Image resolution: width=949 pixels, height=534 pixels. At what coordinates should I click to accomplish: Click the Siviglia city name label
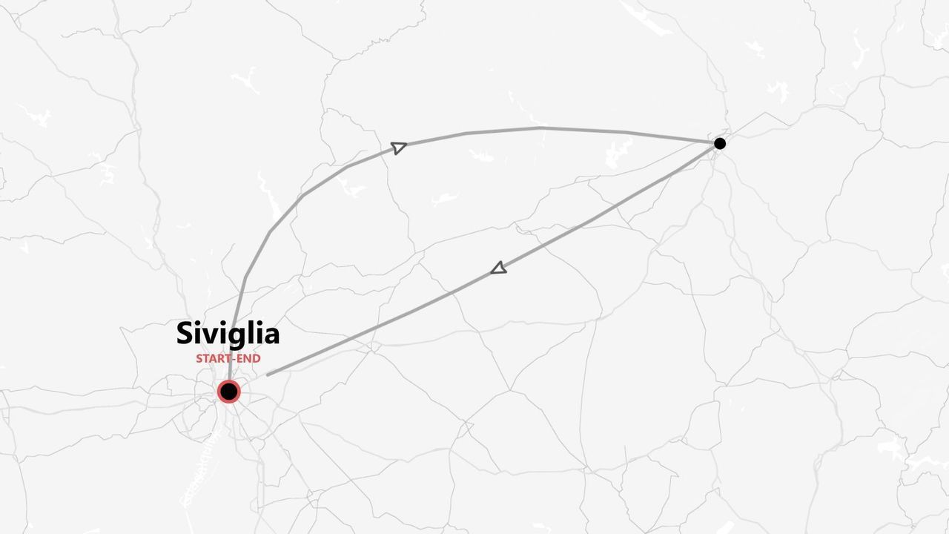228,334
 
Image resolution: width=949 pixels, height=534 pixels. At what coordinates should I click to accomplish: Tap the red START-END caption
228,359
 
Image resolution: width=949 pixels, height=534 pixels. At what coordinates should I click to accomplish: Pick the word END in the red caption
248,359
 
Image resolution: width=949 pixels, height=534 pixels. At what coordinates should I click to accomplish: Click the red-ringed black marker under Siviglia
228,391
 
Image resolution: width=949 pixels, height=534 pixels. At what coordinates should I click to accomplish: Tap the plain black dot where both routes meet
719,143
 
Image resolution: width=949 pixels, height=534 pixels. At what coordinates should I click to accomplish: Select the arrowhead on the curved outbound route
399,147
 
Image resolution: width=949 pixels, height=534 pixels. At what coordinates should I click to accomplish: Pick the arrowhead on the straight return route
499,268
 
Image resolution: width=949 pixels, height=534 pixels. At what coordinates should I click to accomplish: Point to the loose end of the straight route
268,375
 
